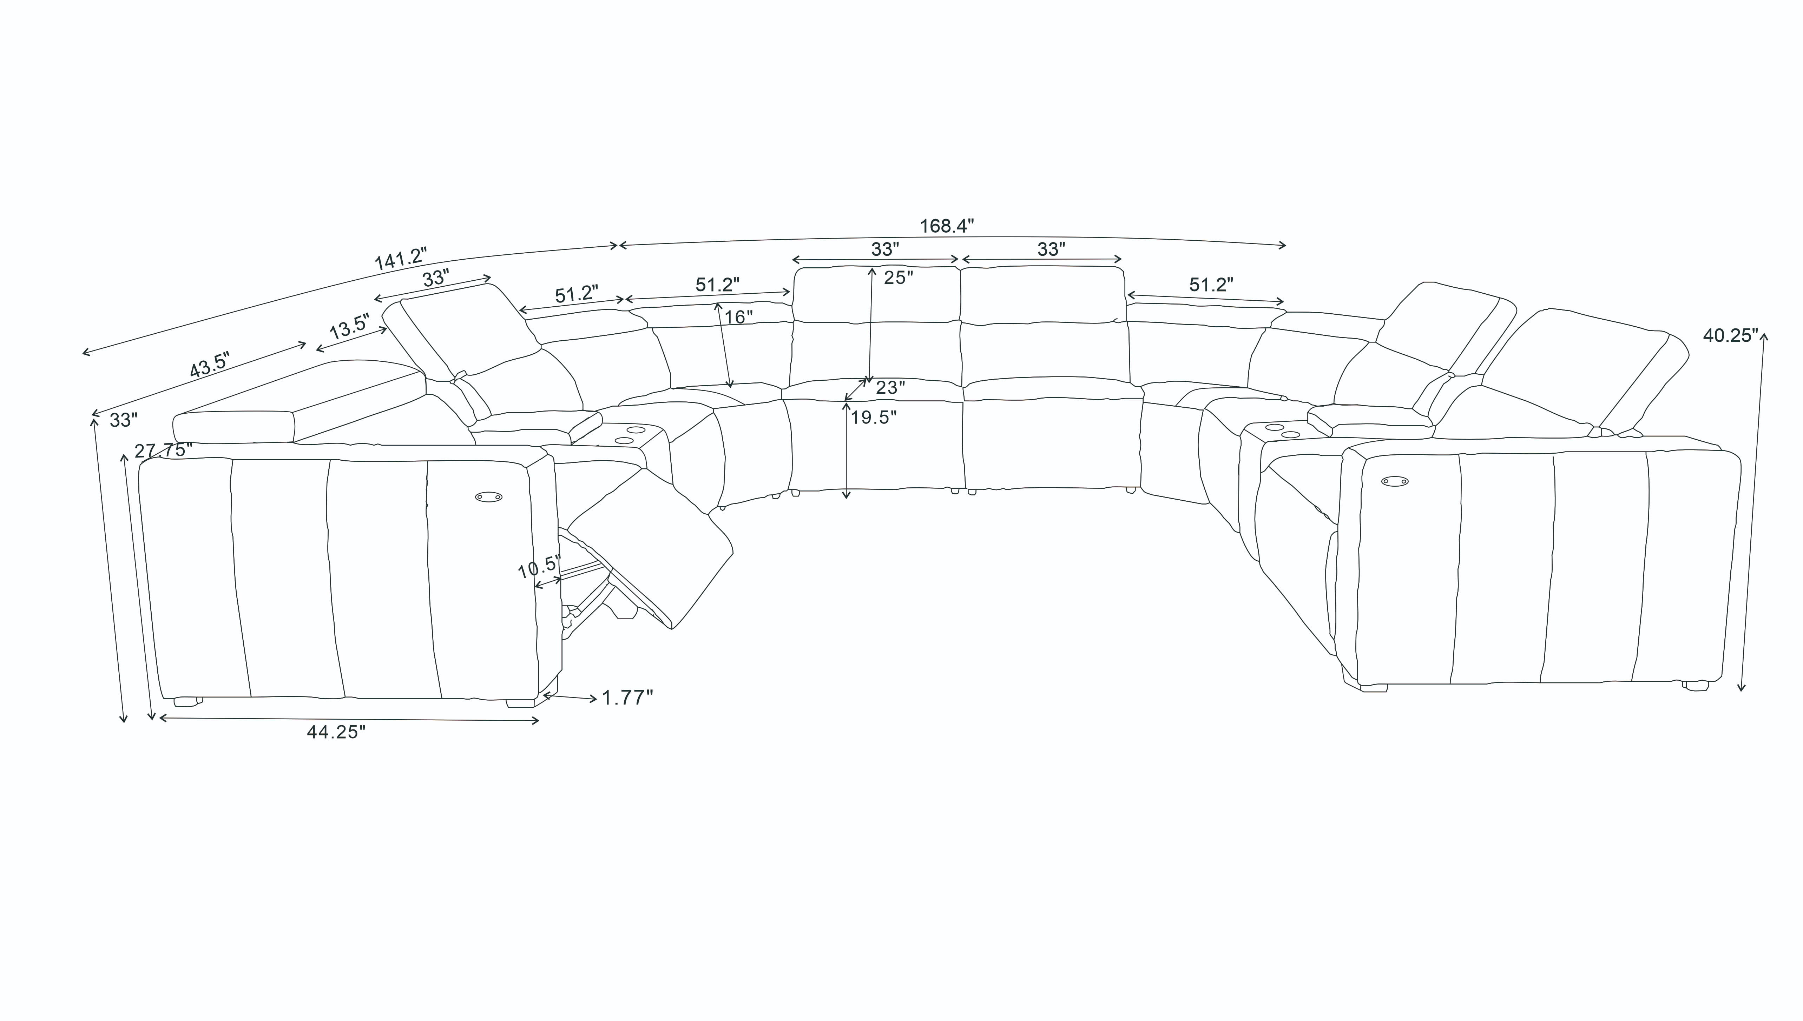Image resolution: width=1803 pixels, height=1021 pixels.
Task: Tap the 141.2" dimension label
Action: click(x=401, y=259)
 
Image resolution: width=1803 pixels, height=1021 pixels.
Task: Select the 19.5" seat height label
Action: click(x=874, y=417)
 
